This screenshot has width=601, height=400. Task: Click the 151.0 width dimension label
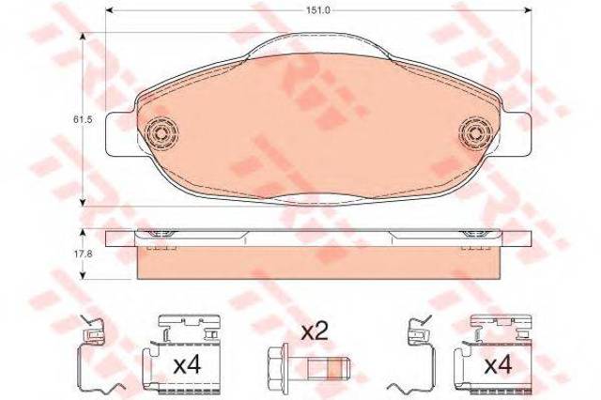(x=318, y=10)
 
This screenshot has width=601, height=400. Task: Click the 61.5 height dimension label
(x=83, y=119)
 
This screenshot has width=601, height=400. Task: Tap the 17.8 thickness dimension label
(x=83, y=254)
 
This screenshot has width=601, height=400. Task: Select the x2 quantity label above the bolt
(x=315, y=331)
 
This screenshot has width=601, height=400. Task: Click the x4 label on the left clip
(x=187, y=366)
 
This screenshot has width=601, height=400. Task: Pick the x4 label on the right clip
(x=499, y=366)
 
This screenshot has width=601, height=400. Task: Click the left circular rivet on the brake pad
(x=162, y=133)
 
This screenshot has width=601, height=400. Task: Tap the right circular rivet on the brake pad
(x=475, y=133)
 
